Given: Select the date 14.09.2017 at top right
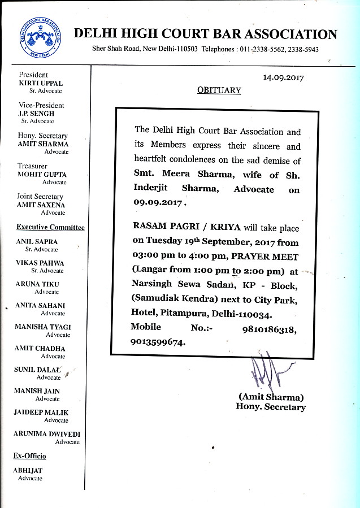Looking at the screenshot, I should point(283,78).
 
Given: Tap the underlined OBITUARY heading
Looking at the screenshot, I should point(219,90).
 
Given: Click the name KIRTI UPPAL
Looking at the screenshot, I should point(41,83).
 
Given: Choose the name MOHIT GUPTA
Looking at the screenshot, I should point(42,175).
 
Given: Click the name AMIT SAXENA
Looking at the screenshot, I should point(41,205).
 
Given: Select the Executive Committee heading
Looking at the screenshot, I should point(50,228).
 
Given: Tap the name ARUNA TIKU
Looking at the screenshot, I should point(37,284).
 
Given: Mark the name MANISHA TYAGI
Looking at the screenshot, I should point(43,327).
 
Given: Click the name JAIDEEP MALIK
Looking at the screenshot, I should point(41,413).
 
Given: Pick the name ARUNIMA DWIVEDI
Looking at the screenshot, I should point(47,434).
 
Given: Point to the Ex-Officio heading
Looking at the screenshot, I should point(29,455).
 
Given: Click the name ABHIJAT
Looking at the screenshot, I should point(28,470).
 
